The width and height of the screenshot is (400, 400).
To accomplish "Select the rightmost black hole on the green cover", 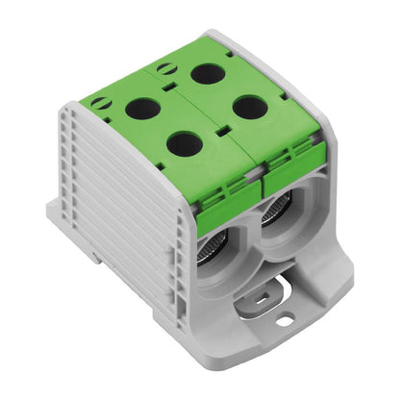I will click(x=249, y=107).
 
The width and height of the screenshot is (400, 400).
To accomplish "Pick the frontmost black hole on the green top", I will click(x=184, y=143).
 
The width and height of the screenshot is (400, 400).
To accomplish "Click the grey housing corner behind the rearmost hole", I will click(x=240, y=44).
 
